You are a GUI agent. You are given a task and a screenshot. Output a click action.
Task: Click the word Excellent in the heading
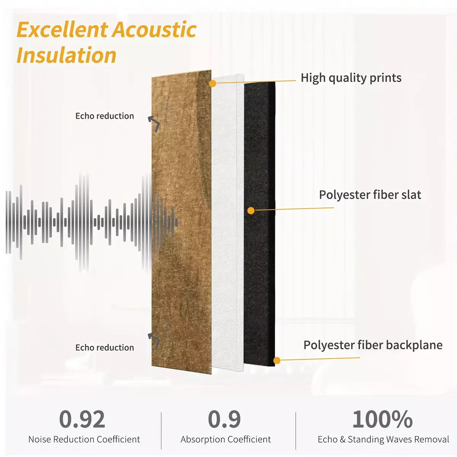(x=62, y=30)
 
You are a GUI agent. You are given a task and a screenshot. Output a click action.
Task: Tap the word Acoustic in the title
(x=155, y=30)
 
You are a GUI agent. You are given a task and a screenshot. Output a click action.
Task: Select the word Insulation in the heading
(x=66, y=55)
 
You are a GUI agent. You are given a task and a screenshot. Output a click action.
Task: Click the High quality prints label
(x=351, y=78)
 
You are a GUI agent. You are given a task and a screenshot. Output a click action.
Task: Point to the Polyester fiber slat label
(x=370, y=195)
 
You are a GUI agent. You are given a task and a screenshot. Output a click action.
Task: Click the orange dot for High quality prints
(x=213, y=83)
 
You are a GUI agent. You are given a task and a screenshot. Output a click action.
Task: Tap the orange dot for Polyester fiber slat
(x=251, y=211)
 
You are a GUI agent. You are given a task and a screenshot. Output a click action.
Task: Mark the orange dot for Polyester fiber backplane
(x=277, y=361)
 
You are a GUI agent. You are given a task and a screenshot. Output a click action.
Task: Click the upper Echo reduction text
(x=105, y=116)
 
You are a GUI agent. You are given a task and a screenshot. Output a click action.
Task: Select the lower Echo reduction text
(x=105, y=347)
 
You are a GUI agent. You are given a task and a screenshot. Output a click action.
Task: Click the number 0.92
(x=82, y=419)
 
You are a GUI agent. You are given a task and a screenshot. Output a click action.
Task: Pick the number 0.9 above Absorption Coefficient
(x=224, y=419)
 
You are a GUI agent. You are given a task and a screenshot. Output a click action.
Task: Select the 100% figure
(x=382, y=419)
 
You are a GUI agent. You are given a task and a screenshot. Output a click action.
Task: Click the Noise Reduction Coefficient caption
(x=84, y=439)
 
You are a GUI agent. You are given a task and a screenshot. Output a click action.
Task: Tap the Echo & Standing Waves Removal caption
(x=383, y=439)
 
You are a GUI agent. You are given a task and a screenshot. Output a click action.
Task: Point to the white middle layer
(x=228, y=223)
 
